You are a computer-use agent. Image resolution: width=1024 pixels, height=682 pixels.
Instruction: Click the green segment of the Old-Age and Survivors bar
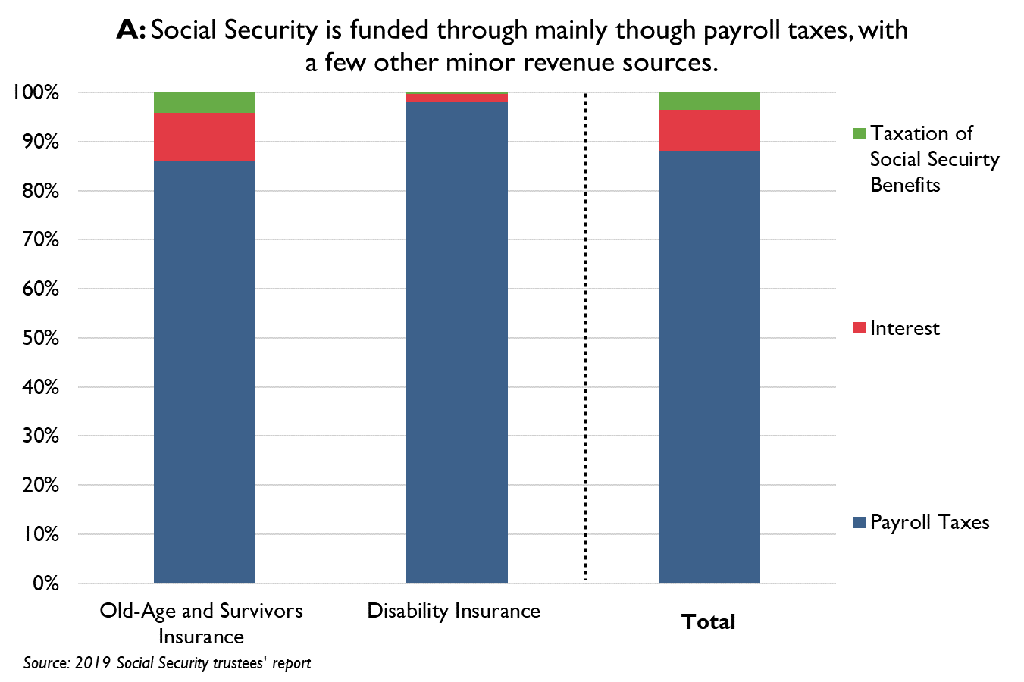204,102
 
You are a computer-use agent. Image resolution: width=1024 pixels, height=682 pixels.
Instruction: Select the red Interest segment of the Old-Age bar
204,136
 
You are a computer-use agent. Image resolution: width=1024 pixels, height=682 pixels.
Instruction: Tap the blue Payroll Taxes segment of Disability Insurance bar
456,341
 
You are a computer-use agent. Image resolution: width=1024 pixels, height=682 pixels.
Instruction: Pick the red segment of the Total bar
709,130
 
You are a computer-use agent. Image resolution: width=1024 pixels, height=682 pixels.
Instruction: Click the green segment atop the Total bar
709,101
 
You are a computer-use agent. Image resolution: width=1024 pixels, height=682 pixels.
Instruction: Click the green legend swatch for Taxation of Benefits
859,134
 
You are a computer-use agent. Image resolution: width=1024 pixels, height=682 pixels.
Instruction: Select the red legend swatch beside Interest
859,328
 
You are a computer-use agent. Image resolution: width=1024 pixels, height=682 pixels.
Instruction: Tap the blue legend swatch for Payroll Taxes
859,522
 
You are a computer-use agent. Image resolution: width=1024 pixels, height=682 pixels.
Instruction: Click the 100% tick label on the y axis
35,92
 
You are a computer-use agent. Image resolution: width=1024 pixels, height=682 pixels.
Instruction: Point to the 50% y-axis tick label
40,338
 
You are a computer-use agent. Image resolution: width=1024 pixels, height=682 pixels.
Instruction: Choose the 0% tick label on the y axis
45,583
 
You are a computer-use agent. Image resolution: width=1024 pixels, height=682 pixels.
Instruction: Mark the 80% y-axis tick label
40,191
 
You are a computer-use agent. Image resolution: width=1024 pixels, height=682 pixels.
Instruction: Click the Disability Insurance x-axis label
453,611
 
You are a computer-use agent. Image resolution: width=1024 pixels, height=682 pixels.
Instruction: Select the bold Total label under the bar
708,622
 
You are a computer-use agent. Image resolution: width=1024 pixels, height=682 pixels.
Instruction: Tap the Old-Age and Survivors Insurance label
201,623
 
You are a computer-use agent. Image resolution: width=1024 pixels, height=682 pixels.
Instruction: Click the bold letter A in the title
130,30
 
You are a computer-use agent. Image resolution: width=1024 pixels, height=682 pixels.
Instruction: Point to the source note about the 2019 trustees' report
167,663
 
